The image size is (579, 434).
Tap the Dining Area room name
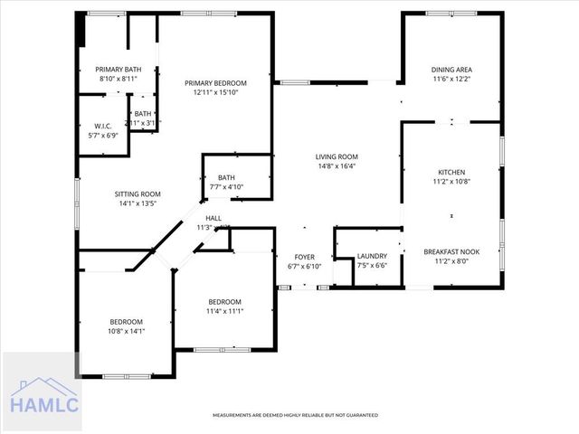point(451,70)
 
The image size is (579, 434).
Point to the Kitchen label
point(451,172)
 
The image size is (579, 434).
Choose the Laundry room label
point(372,256)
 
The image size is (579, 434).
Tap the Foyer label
point(305,257)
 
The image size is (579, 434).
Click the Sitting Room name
point(138,193)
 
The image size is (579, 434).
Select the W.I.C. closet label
point(103,126)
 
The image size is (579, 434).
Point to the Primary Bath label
point(119,70)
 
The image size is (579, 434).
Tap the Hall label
point(214,218)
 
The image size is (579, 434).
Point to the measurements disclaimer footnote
point(295,415)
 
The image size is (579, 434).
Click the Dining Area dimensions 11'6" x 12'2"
point(451,79)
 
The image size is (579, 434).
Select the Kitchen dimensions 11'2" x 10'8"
point(451,181)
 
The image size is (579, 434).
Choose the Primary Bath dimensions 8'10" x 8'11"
point(119,79)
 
